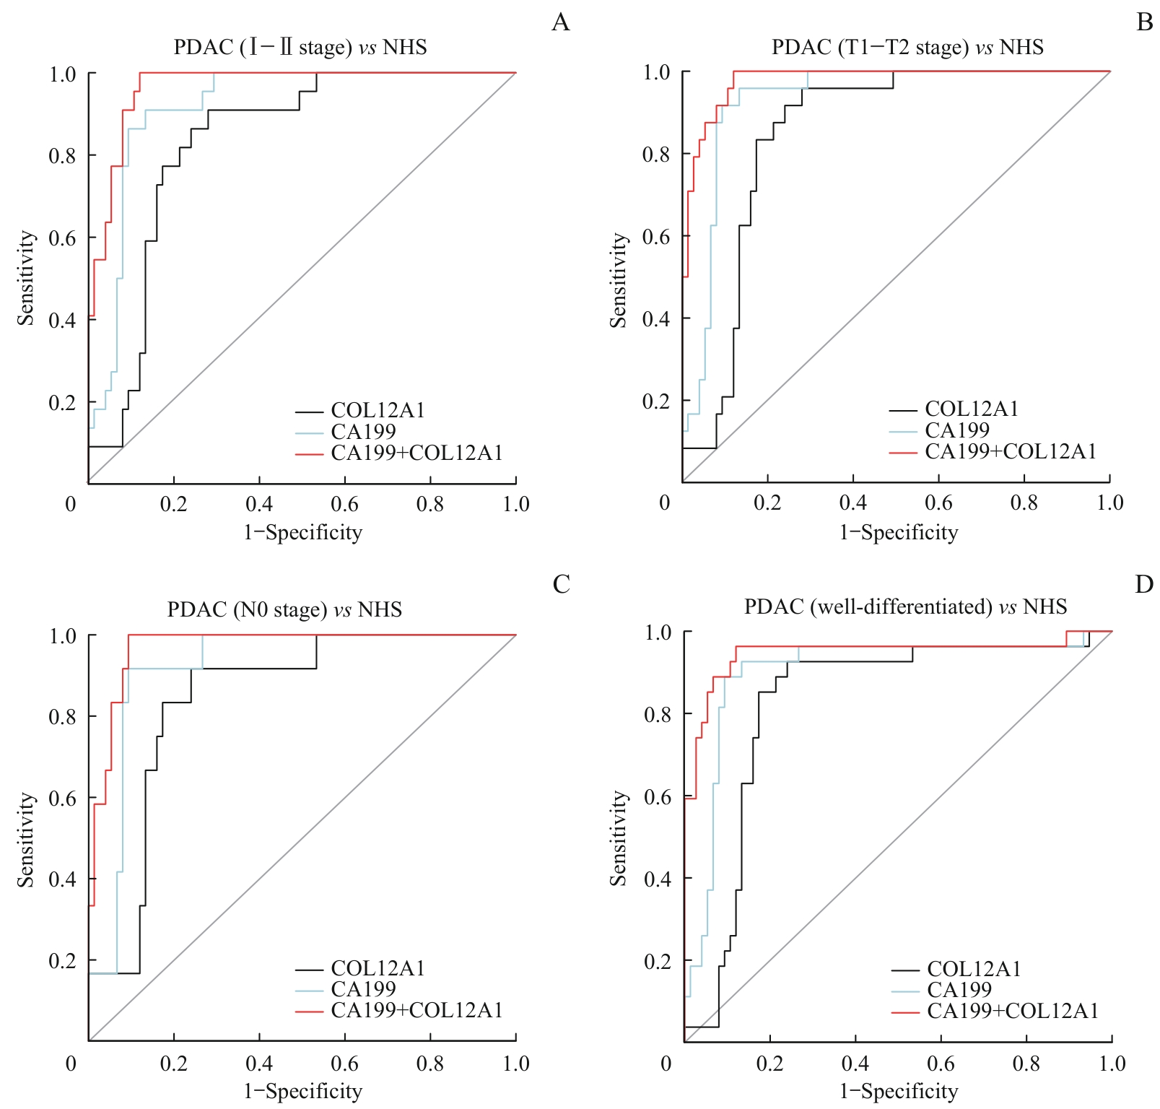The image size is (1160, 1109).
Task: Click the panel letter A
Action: pyautogui.click(x=560, y=23)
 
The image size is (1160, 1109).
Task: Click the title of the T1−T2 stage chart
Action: pyautogui.click(x=907, y=48)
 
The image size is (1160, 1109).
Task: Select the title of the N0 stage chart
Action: pyautogui.click(x=284, y=609)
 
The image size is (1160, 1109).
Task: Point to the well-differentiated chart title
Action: pyautogui.click(x=905, y=606)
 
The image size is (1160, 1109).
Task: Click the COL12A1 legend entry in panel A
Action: pyautogui.click(x=378, y=410)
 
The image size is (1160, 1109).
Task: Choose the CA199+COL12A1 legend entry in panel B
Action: pyautogui.click(x=1011, y=451)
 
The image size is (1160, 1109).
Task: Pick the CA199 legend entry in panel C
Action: pyautogui.click(x=363, y=989)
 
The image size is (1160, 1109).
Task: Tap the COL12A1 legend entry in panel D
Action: pyautogui.click(x=974, y=969)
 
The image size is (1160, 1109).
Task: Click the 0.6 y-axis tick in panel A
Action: pyautogui.click(x=62, y=238)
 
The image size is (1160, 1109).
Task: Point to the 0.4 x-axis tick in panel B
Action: pyautogui.click(x=853, y=503)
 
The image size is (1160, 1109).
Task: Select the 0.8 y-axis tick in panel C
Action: pyautogui.click(x=62, y=717)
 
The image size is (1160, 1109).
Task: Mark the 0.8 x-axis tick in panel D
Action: pyautogui.click(x=1026, y=1064)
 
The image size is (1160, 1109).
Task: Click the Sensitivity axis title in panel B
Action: pyautogui.click(x=619, y=280)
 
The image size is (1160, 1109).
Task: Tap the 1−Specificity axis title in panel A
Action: pyautogui.click(x=302, y=533)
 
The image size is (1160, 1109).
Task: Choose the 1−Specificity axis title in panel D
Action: pyautogui.click(x=899, y=1092)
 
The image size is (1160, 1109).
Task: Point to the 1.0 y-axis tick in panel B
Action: pyautogui.click(x=656, y=72)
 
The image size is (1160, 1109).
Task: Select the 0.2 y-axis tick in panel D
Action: pyautogui.click(x=658, y=961)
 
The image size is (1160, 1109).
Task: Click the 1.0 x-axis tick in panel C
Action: pyautogui.click(x=516, y=1064)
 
